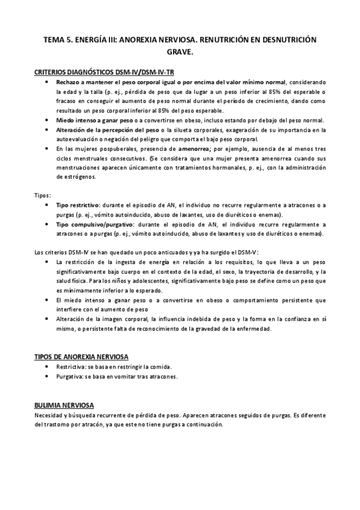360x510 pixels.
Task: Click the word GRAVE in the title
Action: (179, 52)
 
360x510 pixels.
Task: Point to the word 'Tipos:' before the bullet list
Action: (43, 195)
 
